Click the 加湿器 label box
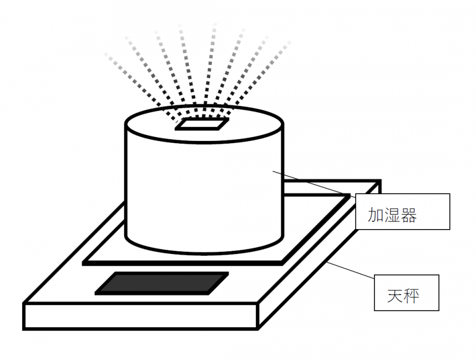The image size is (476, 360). [x=402, y=211]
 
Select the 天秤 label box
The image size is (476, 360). [x=407, y=292]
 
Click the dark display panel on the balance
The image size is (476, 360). [x=161, y=283]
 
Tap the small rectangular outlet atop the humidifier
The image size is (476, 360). [x=201, y=124]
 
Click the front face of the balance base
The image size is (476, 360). [x=139, y=316]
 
